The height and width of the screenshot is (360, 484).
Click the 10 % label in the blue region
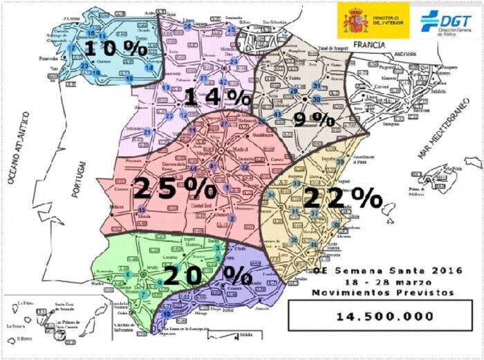[115, 48]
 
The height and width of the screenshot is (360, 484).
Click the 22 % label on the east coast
[343, 198]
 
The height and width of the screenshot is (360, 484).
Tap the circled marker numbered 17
[71, 47]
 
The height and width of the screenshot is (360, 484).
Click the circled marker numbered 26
[187, 26]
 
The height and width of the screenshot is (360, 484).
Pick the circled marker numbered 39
[340, 161]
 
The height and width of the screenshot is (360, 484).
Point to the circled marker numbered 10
[166, 314]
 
